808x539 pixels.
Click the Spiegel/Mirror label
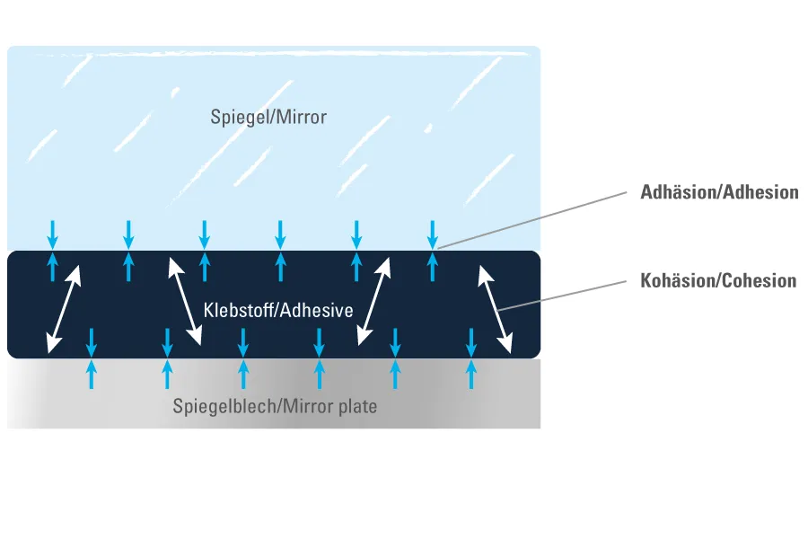pos(268,117)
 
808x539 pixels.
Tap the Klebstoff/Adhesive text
pos(278,311)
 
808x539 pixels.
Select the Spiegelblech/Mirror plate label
pos(275,407)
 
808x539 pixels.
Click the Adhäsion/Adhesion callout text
pos(719,192)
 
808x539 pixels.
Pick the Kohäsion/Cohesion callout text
pos(718,281)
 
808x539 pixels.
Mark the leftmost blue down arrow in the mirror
pos(53,234)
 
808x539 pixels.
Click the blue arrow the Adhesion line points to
pos(433,234)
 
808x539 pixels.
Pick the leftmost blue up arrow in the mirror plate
pos(91,374)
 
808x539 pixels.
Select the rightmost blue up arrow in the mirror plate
pos(470,374)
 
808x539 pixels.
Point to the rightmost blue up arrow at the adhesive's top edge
pos(433,266)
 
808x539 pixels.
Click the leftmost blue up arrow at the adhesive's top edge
pos(53,266)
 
